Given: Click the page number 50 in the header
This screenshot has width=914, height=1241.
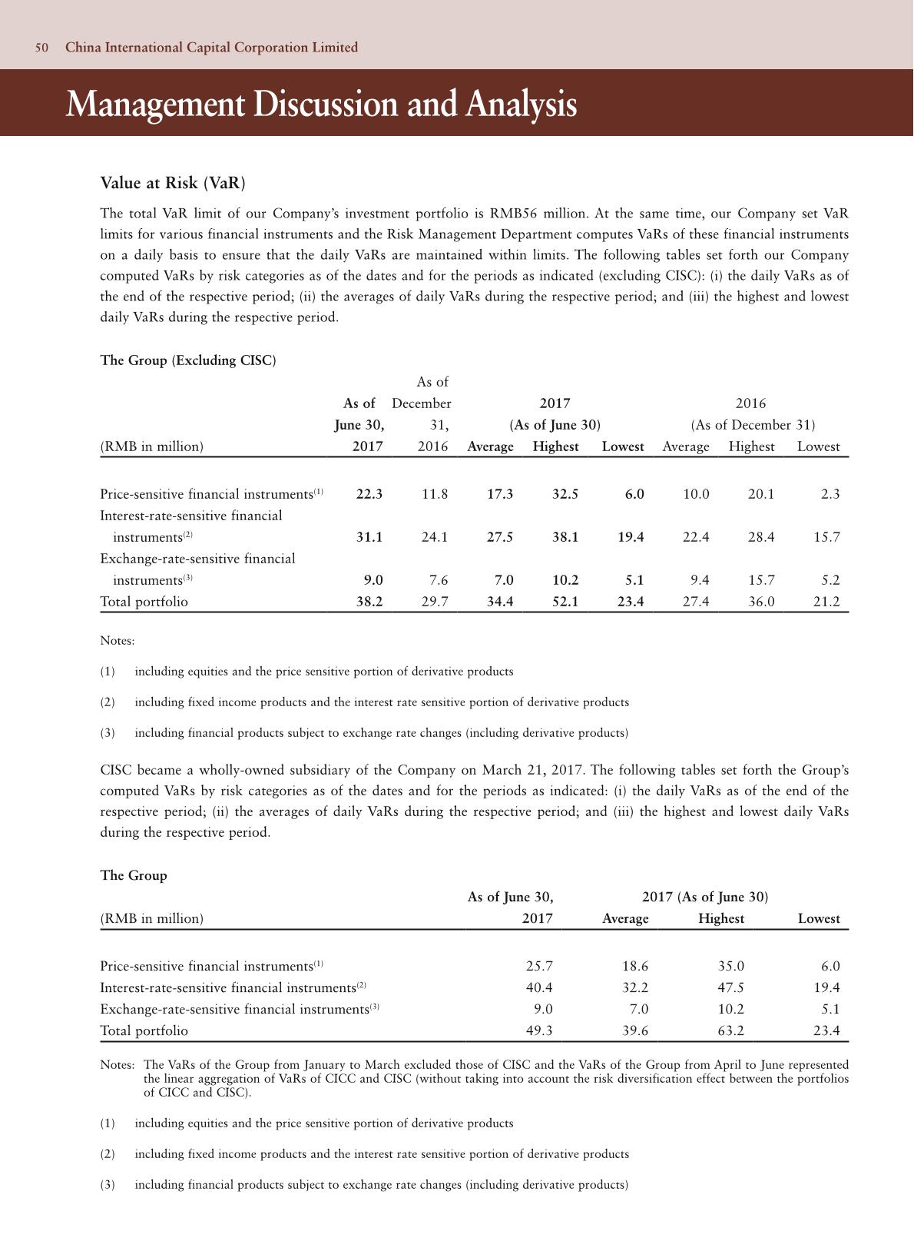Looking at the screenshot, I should coord(41,48).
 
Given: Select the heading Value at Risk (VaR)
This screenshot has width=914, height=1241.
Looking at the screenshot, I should coord(173,183).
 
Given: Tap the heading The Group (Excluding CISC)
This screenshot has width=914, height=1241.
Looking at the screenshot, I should coord(188,360).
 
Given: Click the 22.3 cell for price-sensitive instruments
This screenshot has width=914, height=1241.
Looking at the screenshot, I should coord(369,495).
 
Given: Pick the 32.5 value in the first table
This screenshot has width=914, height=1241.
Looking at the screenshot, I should coord(565,495).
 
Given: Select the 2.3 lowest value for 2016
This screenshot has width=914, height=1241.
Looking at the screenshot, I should coord(830,495).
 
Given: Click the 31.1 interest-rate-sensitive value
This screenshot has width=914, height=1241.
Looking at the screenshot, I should coord(369,538).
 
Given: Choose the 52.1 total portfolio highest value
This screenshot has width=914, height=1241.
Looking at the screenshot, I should coord(565,602).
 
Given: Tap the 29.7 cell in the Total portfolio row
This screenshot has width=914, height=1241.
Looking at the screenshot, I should coord(435,602).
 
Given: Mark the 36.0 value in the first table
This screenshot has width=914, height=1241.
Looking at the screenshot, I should coord(761,602).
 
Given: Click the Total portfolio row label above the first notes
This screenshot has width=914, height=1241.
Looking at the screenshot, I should coord(144,602).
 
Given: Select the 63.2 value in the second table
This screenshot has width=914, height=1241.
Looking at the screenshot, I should coord(730,1031).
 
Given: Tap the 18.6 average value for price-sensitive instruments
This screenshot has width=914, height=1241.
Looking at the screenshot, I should coord(634,967).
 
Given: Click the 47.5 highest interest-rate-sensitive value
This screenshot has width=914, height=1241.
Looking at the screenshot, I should coord(730,988).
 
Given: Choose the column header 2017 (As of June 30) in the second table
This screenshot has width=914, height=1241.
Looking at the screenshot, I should coord(704,898).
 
